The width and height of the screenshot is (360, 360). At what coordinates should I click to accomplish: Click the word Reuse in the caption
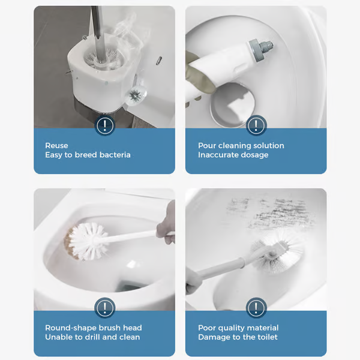tap(56, 145)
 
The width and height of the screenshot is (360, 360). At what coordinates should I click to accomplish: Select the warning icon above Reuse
tap(105, 125)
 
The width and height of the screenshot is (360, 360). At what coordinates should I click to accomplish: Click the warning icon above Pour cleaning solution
tap(256, 125)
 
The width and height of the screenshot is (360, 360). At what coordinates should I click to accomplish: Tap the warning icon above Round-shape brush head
tap(105, 308)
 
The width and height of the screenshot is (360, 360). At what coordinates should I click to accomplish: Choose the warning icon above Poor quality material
tap(256, 308)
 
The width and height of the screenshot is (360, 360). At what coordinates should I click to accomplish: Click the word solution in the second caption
tap(268, 145)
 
